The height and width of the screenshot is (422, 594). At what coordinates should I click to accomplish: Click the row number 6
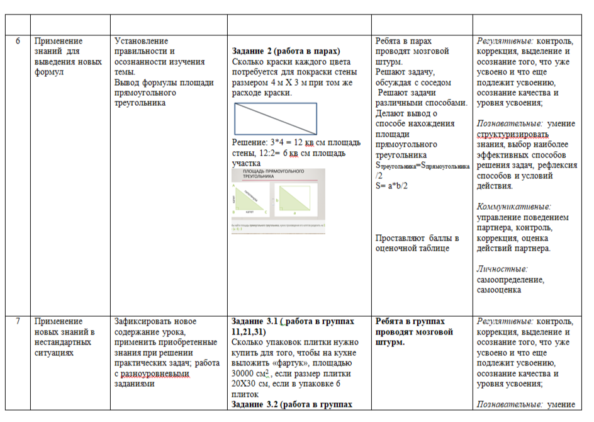point(18,42)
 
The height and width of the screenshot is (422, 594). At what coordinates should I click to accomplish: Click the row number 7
point(18,321)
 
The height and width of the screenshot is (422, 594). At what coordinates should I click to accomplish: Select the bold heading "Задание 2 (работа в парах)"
point(286,51)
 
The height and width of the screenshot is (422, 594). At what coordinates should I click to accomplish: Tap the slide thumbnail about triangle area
point(278,201)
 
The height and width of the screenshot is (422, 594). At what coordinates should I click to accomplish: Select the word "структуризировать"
point(513,134)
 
